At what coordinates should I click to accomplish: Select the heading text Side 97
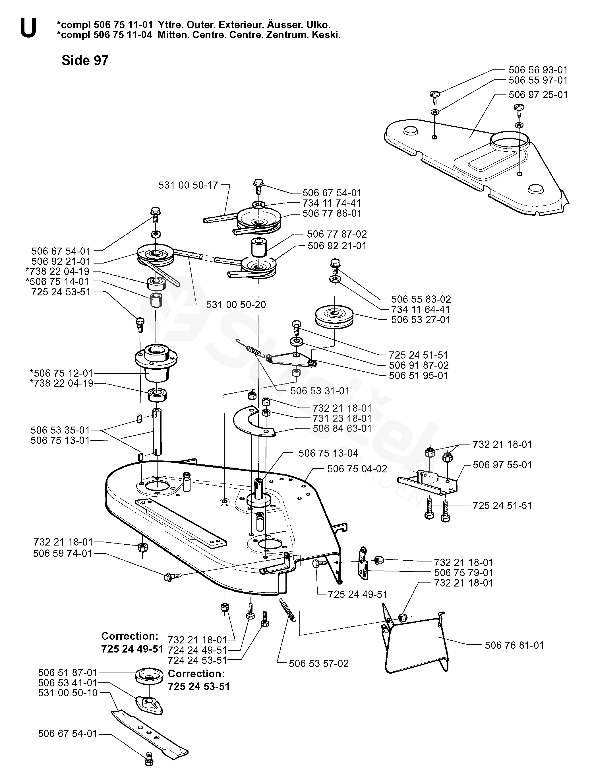pos(85,61)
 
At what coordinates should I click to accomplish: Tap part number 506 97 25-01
pos(538,95)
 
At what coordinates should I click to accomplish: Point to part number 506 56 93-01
pos(538,70)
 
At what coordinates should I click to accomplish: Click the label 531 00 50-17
pos(188,185)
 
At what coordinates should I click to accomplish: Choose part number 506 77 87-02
pos(337,234)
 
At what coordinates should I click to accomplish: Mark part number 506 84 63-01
pos(342,429)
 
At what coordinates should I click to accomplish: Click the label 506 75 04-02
pos(357,469)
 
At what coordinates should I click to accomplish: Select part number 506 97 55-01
pos(502,465)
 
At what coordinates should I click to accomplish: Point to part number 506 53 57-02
pos(319,664)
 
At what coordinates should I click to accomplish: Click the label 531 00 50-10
pos(68,693)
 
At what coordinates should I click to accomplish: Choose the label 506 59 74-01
pos(63,553)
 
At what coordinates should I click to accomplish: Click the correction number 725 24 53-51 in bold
pos(199,686)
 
